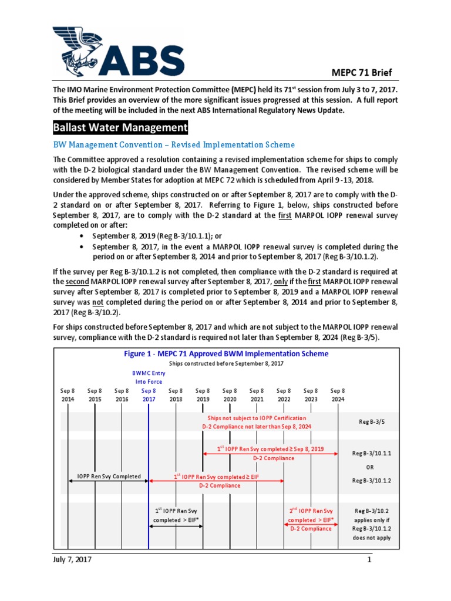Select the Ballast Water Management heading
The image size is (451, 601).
click(120, 127)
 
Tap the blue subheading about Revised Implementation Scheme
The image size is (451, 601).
click(174, 144)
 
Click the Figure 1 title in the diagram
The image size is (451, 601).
click(226, 354)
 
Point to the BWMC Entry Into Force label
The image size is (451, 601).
click(149, 377)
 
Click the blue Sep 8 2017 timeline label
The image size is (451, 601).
click(149, 395)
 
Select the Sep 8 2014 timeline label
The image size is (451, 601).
click(68, 395)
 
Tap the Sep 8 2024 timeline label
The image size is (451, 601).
click(338, 395)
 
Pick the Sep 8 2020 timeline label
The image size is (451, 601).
click(230, 395)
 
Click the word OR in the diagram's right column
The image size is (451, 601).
click(370, 467)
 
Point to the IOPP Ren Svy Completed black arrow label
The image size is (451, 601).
click(109, 476)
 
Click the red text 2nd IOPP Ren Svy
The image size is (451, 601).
click(311, 511)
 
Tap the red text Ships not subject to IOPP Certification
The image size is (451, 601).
click(257, 418)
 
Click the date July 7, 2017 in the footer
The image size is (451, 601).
click(72, 559)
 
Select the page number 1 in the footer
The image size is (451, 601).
click(370, 560)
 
